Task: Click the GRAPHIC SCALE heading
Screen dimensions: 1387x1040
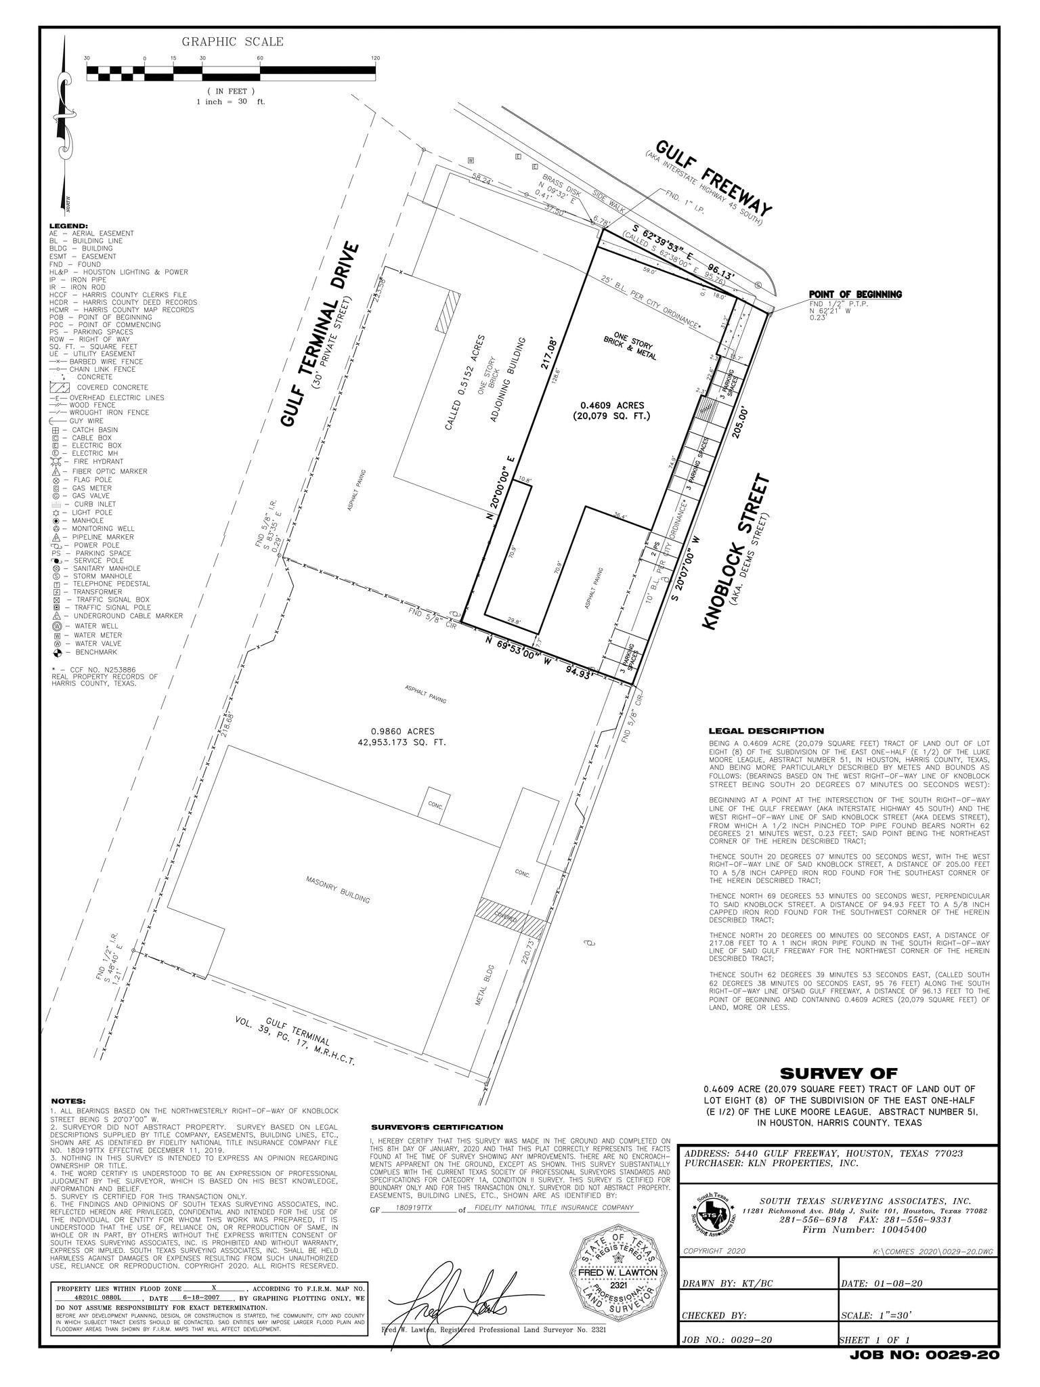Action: point(232,42)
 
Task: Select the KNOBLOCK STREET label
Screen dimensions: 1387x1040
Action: point(737,552)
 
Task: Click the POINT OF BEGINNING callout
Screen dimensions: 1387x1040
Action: point(855,295)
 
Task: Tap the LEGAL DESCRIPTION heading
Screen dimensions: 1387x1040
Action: point(766,731)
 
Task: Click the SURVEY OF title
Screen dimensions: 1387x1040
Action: point(838,1073)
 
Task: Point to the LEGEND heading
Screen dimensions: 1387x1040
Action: point(68,226)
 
